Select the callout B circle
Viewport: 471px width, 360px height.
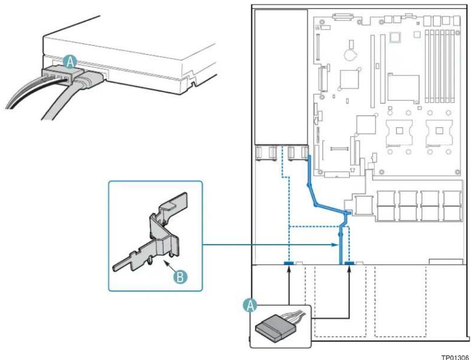[x=180, y=277]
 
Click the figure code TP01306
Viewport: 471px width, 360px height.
[x=454, y=357]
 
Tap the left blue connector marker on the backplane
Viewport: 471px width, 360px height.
[x=289, y=263]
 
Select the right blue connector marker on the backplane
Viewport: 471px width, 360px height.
[x=349, y=263]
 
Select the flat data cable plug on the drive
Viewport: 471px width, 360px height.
[x=90, y=79]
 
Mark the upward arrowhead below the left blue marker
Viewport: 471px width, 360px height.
[x=289, y=270]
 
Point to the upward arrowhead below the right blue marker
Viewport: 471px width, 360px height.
[x=349, y=270]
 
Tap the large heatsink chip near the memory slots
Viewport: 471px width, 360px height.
[x=403, y=88]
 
